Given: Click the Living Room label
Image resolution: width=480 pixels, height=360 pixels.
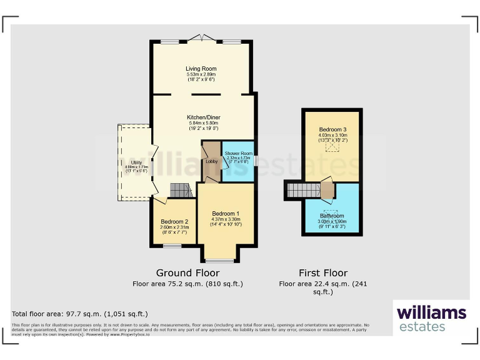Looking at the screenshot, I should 201,69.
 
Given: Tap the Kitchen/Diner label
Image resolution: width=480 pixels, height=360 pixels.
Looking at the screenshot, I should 203,117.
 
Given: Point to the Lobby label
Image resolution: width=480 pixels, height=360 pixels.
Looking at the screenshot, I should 211,162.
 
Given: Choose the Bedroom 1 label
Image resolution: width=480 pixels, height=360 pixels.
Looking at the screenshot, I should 225,213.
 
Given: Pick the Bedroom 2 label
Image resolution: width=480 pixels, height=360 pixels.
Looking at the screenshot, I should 174,222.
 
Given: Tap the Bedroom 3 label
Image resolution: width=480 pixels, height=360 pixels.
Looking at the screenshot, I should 331,130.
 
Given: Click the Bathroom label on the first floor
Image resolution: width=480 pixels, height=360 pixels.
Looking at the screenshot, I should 331,216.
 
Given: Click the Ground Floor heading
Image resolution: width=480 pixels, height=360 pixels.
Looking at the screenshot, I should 187,273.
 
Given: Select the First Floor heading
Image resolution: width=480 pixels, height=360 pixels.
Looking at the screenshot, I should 322,273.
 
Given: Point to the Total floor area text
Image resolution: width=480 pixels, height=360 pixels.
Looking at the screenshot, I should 80,314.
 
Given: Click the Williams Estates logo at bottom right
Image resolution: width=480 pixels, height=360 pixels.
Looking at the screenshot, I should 431,317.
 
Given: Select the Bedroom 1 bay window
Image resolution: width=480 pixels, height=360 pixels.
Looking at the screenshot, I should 219,260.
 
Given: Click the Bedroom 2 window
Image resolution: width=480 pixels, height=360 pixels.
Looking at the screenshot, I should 172,246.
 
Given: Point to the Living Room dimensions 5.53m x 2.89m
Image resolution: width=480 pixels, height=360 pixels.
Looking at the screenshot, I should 201,75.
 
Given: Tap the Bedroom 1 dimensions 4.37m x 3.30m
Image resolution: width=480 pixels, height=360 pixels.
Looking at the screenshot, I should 225,219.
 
